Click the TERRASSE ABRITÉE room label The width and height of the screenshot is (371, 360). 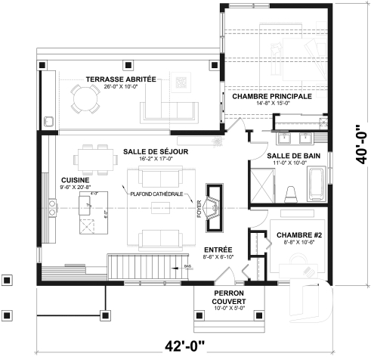click(120, 79)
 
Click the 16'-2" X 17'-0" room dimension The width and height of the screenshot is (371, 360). click(155, 160)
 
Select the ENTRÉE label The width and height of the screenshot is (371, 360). click(218, 250)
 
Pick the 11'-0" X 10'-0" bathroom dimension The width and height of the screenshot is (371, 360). click(284, 163)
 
